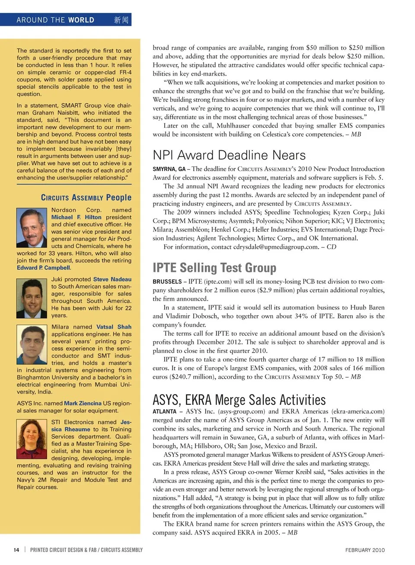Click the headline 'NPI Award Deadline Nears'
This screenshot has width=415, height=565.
229,155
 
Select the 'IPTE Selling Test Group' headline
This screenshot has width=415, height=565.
214,268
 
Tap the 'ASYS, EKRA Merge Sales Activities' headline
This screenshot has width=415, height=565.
239,400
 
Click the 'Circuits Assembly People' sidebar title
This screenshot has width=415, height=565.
86,197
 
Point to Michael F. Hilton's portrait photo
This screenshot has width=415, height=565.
32,228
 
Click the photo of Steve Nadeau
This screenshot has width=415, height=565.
32,298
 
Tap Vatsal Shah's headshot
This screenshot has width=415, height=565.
32,345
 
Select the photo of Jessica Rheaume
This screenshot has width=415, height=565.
32,439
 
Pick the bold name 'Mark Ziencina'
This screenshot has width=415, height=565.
83,403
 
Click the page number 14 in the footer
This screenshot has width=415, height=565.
16,550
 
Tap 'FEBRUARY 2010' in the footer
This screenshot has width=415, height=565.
365,550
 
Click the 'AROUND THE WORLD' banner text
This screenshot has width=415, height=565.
55,20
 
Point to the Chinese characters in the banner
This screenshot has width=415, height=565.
121,20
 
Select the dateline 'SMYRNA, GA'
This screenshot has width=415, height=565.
169,169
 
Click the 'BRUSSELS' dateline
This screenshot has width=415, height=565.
167,281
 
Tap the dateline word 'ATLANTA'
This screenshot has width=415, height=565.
164,412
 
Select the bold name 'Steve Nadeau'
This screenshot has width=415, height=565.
112,279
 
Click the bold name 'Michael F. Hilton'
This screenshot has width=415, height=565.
76,217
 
